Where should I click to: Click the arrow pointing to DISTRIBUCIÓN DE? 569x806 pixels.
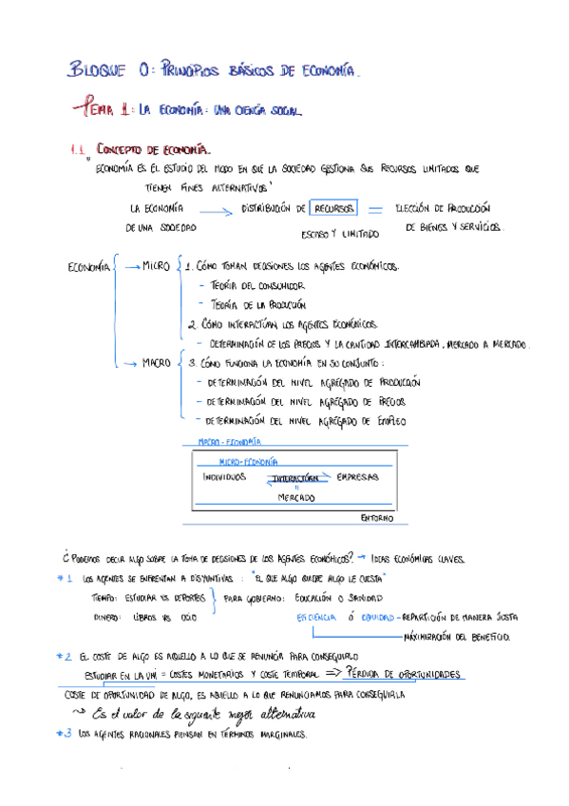(219, 213)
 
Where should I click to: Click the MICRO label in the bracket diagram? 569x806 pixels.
(155, 266)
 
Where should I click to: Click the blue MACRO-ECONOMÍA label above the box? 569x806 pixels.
(228, 442)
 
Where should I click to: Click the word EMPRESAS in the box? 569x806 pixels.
(357, 476)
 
